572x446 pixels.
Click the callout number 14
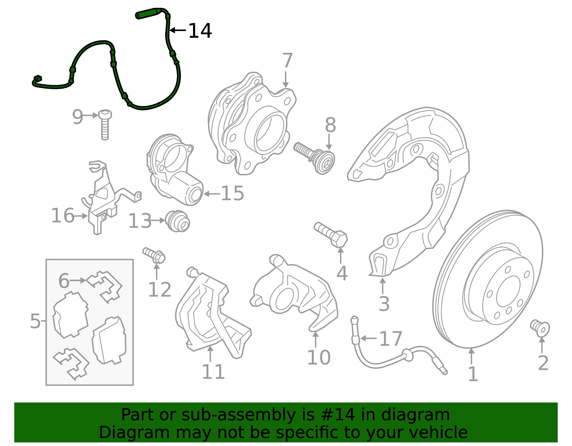tap(200, 31)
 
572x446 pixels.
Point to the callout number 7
tap(287, 60)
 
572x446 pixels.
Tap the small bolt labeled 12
tap(154, 254)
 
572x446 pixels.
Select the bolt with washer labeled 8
tap(315, 157)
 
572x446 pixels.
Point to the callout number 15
tap(232, 194)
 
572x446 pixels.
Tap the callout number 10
tap(319, 357)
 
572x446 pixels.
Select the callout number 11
tap(213, 372)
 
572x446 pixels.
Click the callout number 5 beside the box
tap(35, 321)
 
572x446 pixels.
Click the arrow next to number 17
tap(369, 338)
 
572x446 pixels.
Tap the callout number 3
tap(384, 304)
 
